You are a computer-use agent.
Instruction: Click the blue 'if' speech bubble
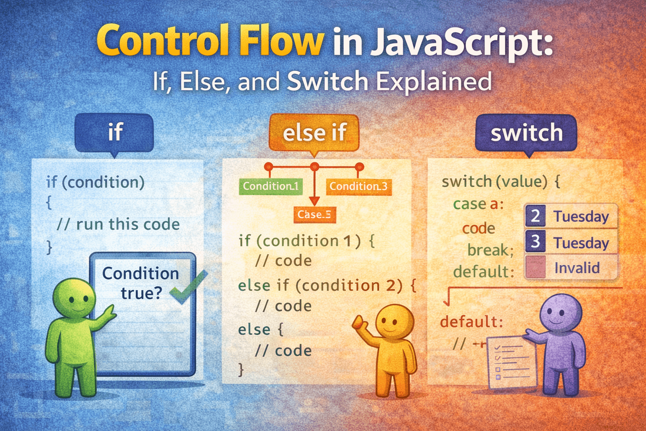114,132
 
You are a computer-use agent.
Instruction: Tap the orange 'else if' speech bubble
314,133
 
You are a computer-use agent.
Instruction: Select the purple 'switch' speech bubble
526,133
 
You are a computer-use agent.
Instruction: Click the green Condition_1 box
270,186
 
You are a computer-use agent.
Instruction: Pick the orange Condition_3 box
358,186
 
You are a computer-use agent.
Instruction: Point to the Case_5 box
314,214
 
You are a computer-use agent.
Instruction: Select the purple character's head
560,313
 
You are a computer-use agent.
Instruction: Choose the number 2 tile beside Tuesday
535,216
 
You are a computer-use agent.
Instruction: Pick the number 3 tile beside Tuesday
535,242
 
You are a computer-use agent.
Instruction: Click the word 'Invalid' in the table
577,268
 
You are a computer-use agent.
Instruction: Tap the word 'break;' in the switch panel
490,250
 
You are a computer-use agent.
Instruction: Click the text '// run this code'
118,224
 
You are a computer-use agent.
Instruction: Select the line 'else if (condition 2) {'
327,285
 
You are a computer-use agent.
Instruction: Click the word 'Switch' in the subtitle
328,81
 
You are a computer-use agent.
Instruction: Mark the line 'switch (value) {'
501,181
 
